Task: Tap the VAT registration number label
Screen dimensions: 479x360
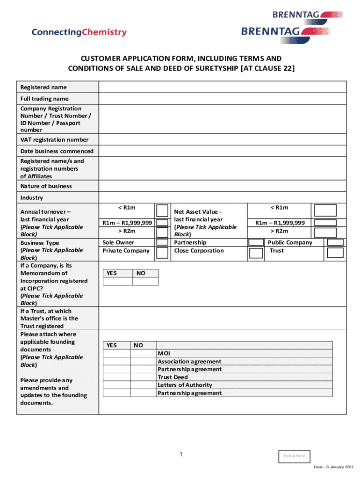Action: [54, 140]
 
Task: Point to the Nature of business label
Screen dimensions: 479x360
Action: [46, 186]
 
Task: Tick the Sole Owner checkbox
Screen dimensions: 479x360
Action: [162, 242]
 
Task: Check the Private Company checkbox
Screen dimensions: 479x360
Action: [162, 253]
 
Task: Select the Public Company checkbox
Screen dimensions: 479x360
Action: [335, 242]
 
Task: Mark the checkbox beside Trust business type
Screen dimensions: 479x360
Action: [335, 253]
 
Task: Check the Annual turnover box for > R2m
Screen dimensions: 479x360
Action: [162, 232]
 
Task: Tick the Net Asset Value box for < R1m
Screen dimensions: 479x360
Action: [325, 210]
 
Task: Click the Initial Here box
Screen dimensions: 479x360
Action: [294, 456]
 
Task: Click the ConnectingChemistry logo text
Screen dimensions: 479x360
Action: [79, 32]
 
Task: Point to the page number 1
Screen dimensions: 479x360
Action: [180, 455]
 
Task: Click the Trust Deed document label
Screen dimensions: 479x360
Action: [173, 377]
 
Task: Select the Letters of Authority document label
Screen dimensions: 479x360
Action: [185, 385]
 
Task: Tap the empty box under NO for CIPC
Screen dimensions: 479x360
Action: [145, 281]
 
